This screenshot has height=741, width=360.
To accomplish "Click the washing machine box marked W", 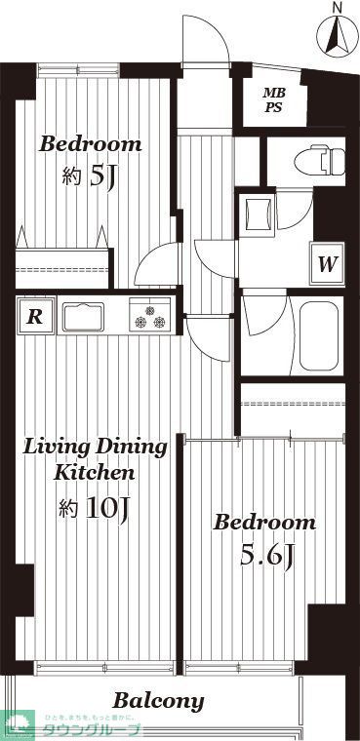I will pos(328,263).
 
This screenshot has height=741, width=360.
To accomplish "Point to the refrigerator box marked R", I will pos(34,316).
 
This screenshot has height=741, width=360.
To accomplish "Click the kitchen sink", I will pos(83,317).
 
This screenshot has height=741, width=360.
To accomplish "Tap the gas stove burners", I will pos(150,316).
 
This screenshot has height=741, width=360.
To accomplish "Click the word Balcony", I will pos(158,700).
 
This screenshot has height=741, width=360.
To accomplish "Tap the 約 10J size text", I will pos(95,508).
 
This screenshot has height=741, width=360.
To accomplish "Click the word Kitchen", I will pos(93,473).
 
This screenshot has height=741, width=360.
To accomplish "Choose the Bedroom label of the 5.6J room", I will pos(264,523).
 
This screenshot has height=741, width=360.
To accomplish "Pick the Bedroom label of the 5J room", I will pos(90,144).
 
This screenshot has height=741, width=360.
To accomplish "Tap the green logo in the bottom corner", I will pos(19,725).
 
